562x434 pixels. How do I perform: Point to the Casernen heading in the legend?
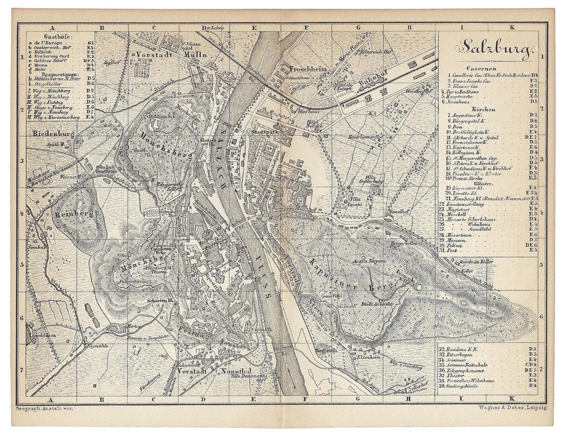[x=481, y=68]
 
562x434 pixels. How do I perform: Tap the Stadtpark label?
[x=260, y=132]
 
